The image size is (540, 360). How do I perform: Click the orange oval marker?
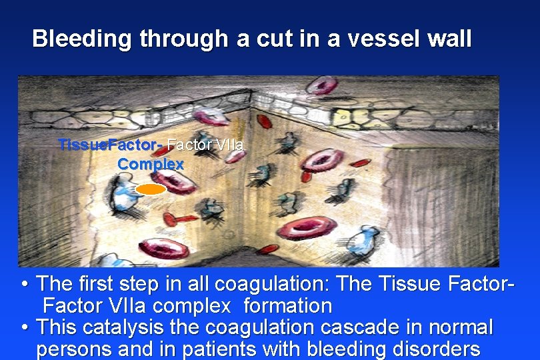click(x=151, y=189)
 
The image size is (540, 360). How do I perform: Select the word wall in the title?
click(x=450, y=39)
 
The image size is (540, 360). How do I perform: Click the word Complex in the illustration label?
click(x=151, y=163)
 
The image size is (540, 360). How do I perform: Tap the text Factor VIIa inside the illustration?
click(x=205, y=145)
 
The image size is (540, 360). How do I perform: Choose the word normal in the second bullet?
click(x=460, y=327)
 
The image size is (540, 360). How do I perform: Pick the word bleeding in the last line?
click(x=344, y=349)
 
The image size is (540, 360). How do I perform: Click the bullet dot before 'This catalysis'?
click(x=25, y=328)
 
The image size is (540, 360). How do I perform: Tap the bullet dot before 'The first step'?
click(x=25, y=285)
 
